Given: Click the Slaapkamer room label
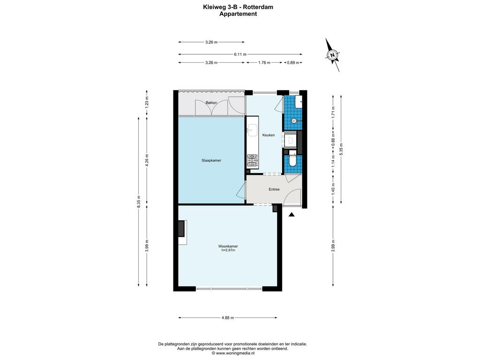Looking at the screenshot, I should coord(212,160).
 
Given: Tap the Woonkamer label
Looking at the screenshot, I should coord(228,246).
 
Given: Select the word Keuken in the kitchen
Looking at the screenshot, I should coord(268,135).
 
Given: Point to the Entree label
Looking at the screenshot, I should coord(274,189).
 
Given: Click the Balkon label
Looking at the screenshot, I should coord(211,103).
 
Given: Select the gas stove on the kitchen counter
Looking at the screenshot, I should coord(253,161).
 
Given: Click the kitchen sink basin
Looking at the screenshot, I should coord(253,130).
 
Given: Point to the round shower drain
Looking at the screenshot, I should coord(294,121).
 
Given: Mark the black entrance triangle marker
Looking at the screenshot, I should coord(292,215).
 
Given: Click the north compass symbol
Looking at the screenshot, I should coord(332,55).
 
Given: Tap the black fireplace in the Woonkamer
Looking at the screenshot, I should coord(181,228).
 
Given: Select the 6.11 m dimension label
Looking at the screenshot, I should coord(240,54).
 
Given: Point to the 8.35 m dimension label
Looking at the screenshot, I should coord(138,201).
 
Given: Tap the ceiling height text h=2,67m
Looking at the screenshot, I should coord(228,250).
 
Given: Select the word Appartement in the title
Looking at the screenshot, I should coord(238,14).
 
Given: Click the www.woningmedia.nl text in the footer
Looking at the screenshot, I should coord(235,353).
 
